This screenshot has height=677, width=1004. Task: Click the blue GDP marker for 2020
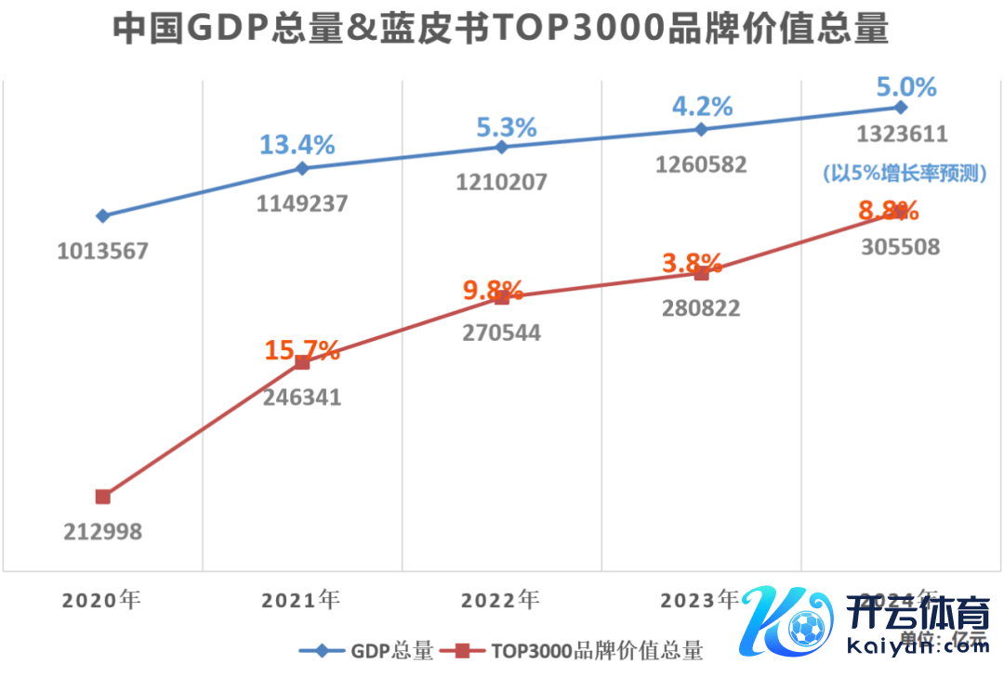click(x=103, y=215)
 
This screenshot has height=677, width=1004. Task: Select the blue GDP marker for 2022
click(x=502, y=148)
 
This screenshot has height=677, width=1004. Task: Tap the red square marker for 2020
click(x=103, y=497)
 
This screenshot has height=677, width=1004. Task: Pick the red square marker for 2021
click(x=302, y=362)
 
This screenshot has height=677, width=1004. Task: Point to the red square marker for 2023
click(x=702, y=273)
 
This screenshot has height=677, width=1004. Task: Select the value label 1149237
click(x=302, y=202)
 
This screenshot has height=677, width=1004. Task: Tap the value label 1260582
click(x=701, y=165)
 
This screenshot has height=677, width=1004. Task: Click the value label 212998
click(x=103, y=532)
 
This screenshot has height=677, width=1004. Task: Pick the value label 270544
click(x=502, y=332)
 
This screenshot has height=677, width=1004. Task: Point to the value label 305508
click(x=899, y=247)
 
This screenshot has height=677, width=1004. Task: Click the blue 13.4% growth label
click(x=297, y=145)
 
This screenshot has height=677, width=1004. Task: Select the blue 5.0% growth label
click(x=906, y=87)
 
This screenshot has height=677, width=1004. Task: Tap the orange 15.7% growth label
click(x=302, y=350)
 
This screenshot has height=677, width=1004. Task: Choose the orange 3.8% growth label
click(x=693, y=263)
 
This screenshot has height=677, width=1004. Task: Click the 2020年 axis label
click(x=101, y=600)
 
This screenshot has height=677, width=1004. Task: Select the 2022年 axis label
click(x=500, y=600)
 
